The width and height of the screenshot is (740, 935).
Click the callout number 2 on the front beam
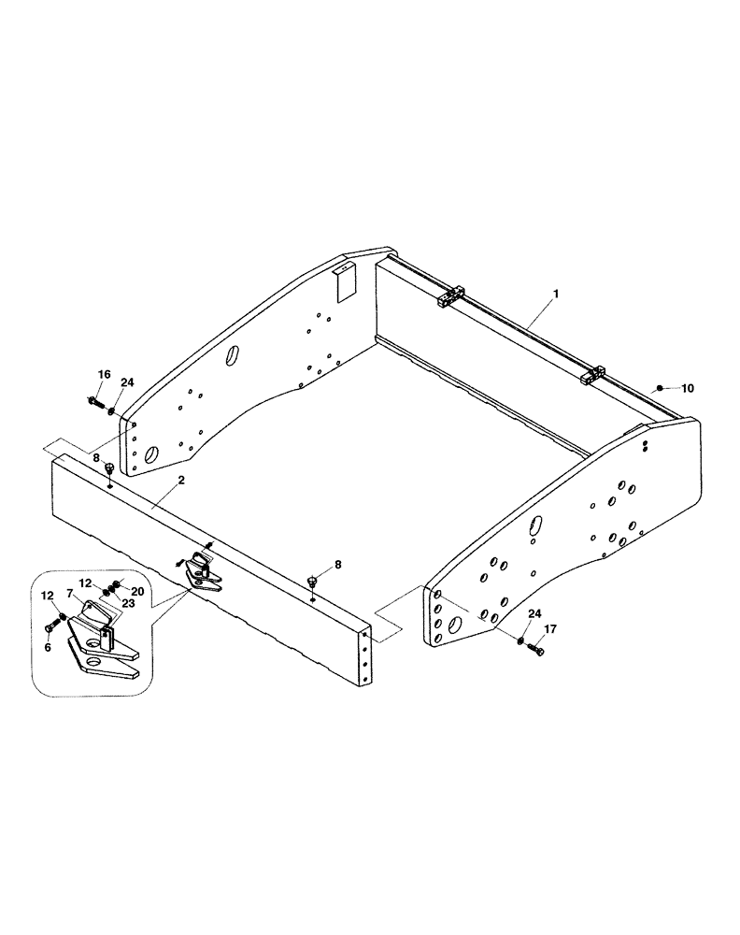click(x=181, y=480)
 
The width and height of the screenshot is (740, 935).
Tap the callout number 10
click(x=689, y=387)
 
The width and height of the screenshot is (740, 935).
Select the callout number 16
click(x=105, y=375)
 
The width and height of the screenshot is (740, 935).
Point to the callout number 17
click(x=548, y=629)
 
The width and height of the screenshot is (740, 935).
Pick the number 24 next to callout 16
click(x=127, y=382)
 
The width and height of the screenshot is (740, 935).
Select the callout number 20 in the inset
click(x=136, y=591)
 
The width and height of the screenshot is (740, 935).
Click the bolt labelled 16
click(x=96, y=403)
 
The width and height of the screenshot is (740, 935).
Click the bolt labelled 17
click(x=536, y=648)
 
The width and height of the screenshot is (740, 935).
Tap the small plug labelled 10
click(x=659, y=387)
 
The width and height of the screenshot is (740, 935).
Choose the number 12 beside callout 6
click(x=48, y=596)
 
